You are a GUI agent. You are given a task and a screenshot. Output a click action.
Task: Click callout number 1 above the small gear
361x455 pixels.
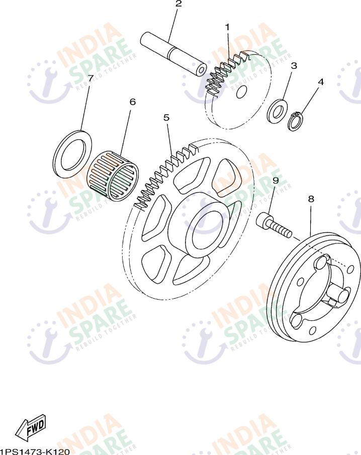227,27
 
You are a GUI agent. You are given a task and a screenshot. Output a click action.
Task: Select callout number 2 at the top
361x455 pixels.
178,4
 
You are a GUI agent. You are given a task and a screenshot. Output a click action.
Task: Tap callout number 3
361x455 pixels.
294,66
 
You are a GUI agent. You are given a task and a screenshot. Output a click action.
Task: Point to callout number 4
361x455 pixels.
320,82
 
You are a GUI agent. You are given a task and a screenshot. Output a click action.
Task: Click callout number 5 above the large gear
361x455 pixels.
166,118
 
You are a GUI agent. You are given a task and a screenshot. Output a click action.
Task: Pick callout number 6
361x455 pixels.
133,102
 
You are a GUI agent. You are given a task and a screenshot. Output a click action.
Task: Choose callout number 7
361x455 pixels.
91,78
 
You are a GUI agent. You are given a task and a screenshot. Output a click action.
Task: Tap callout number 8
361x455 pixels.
311,199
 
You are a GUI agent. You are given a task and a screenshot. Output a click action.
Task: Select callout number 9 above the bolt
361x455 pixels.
276,180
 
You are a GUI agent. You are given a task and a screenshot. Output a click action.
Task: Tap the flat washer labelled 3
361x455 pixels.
277,111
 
